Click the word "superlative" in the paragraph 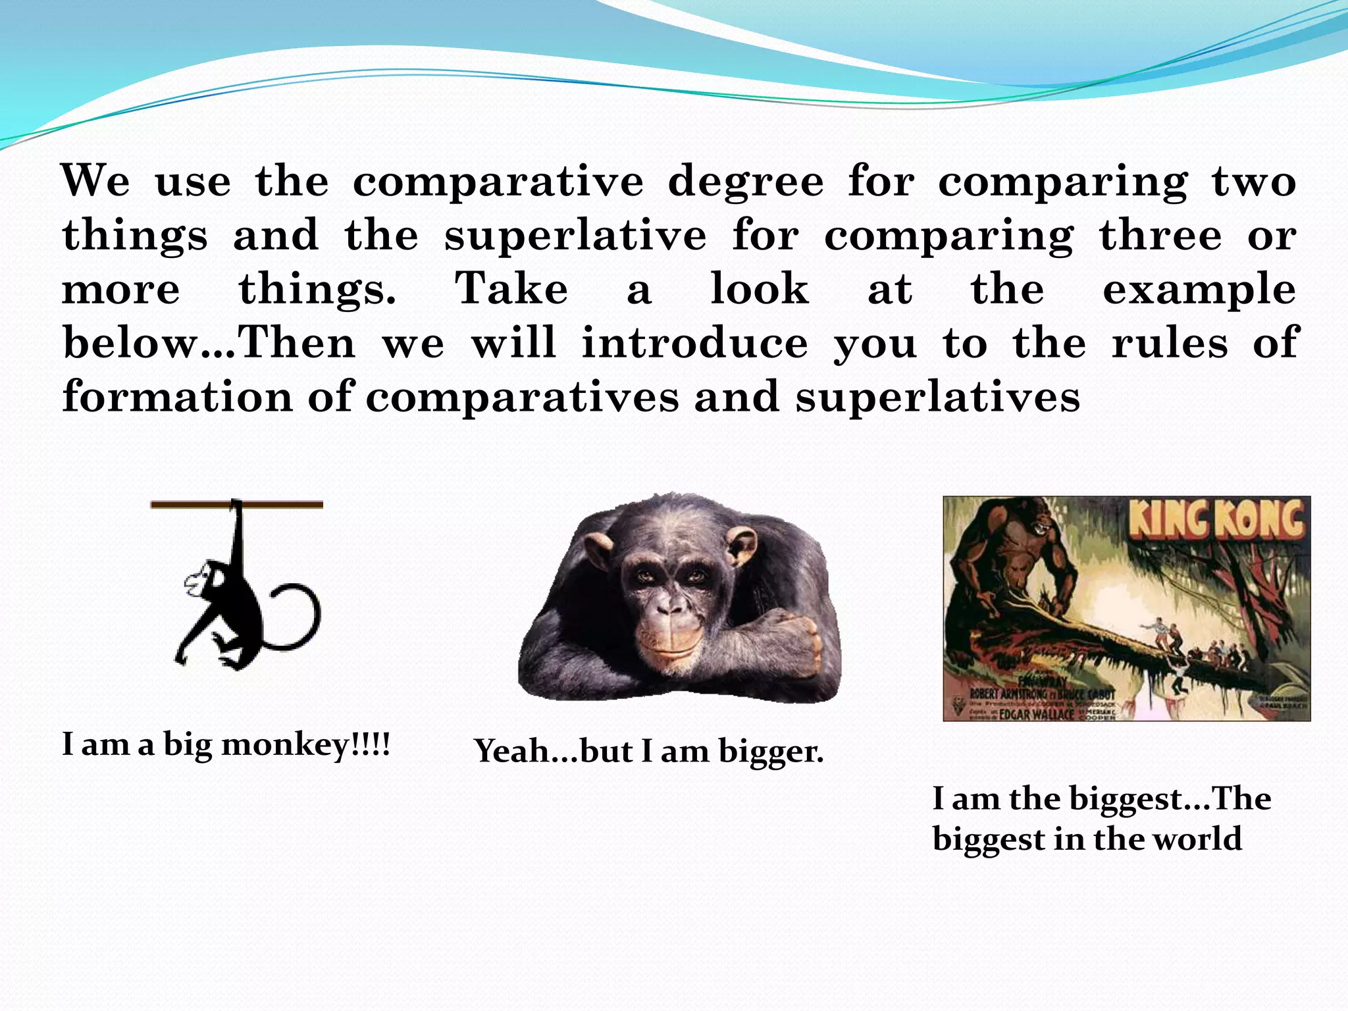click(x=575, y=236)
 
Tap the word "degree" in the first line click(x=746, y=182)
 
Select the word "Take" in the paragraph click(x=511, y=290)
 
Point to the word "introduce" click(x=695, y=344)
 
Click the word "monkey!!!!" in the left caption click(x=305, y=745)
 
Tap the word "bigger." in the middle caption click(x=771, y=752)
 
